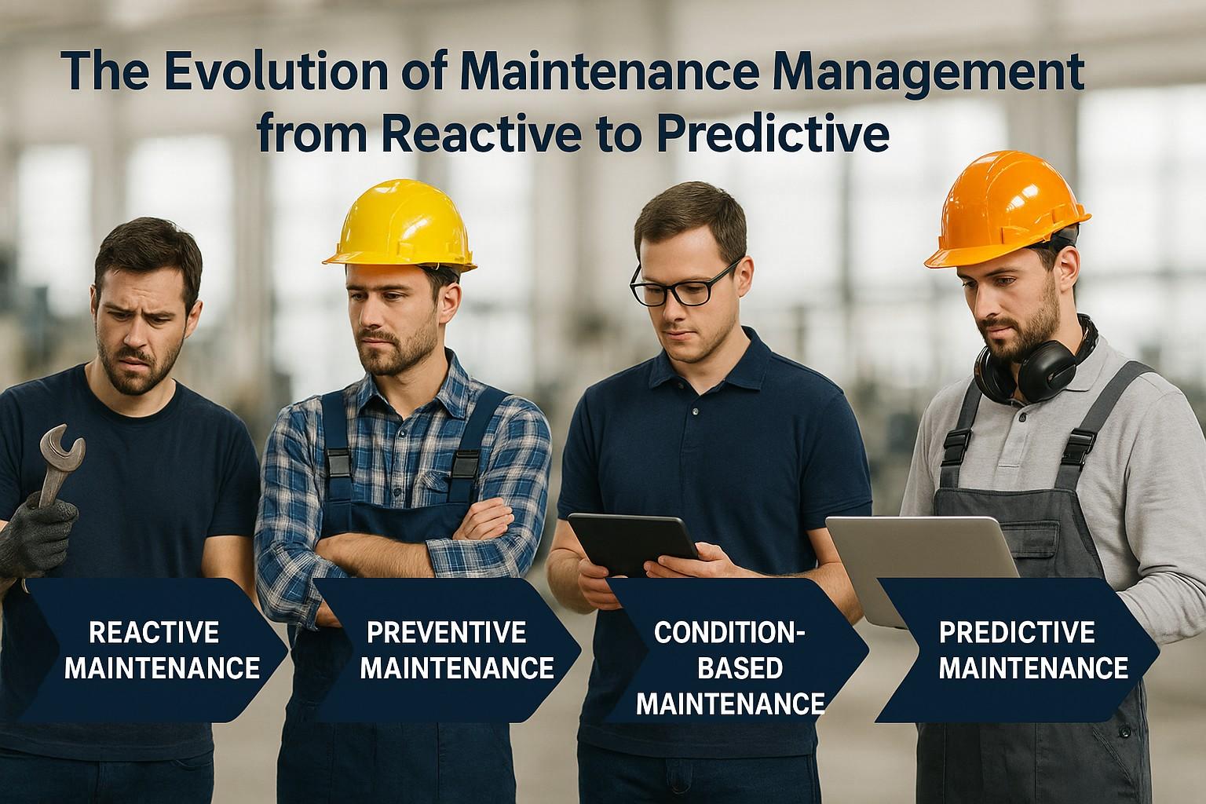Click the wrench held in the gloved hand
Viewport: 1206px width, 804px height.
pyautogui.click(x=59, y=463)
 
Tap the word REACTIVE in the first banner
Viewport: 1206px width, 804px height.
pyautogui.click(x=154, y=631)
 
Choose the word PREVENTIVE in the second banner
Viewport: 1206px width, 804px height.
pyautogui.click(x=446, y=631)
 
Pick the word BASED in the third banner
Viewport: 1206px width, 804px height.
pyautogui.click(x=740, y=668)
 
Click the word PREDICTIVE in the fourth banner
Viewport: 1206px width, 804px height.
pyautogui.click(x=1016, y=631)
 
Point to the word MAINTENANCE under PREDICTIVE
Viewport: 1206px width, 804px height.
pyautogui.click(x=1034, y=668)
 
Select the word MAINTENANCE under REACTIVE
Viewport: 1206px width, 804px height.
pyautogui.click(x=163, y=668)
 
